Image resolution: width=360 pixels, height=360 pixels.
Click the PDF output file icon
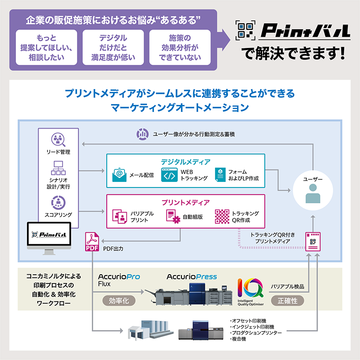91,243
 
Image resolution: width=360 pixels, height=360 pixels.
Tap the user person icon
313,193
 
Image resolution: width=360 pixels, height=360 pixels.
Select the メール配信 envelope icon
119,175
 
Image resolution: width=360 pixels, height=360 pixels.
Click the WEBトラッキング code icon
169,175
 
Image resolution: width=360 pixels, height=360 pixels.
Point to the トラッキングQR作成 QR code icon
222,216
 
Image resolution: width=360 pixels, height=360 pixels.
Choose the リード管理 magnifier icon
58,140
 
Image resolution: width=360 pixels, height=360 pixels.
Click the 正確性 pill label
287,301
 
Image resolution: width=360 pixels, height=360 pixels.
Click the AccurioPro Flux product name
119,279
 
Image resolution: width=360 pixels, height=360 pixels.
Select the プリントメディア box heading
186,202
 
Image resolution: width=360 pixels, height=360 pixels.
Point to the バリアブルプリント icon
120,216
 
